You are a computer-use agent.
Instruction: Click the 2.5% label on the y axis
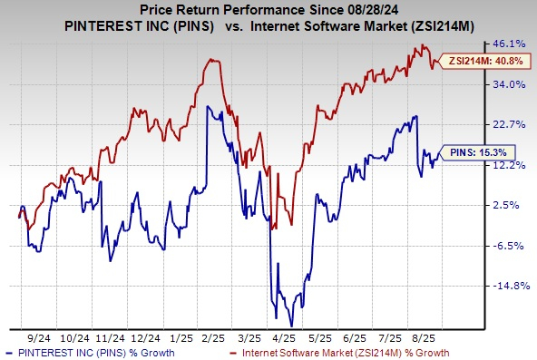coord(512,205)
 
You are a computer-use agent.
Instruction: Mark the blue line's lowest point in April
coord(290,325)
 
